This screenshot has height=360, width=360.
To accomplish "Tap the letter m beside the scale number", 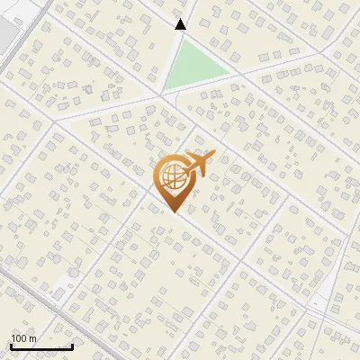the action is [x=33, y=338].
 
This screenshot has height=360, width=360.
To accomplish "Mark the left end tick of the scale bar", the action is [x=11, y=346].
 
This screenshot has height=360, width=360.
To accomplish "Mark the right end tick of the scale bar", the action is [x=72, y=346].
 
